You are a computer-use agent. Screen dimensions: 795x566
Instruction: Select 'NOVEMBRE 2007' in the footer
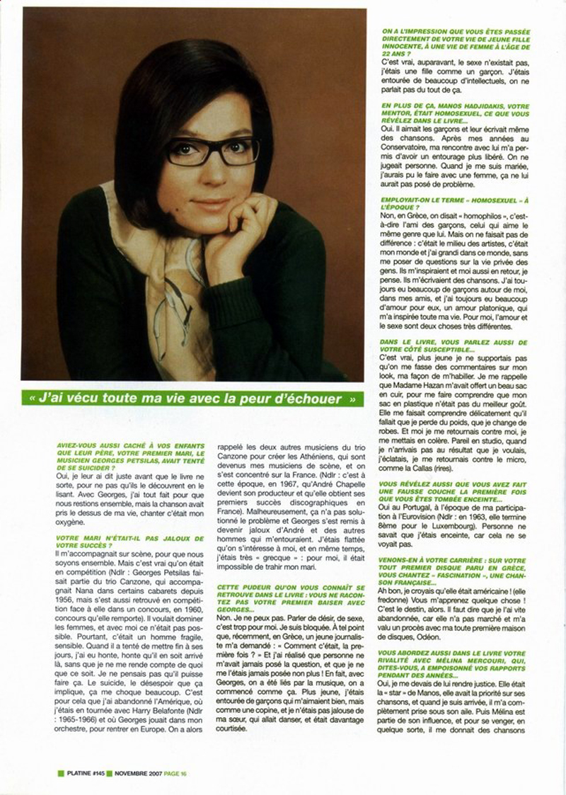click(137, 774)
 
